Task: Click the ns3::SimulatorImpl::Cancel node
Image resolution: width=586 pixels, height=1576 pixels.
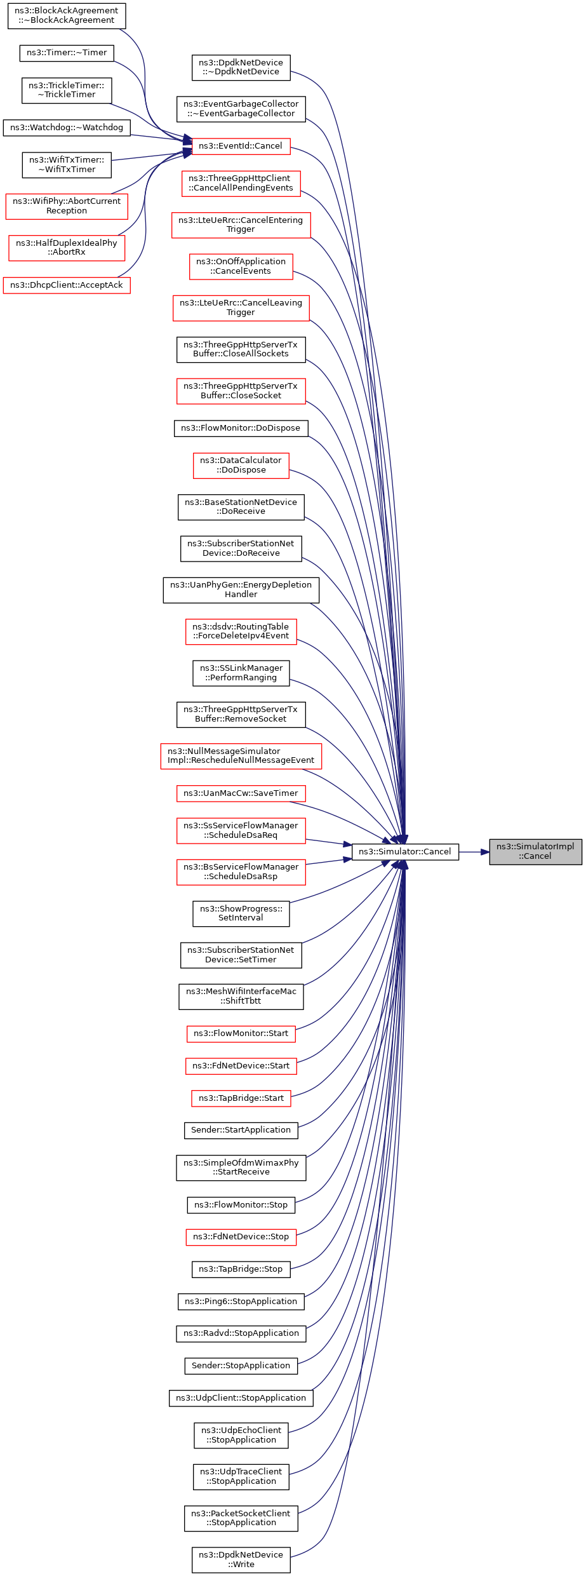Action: [535, 851]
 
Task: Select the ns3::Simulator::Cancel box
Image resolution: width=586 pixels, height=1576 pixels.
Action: [405, 851]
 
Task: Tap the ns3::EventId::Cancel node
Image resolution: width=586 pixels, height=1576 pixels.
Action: [241, 146]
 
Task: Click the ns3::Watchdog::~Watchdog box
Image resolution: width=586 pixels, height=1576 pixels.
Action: [67, 128]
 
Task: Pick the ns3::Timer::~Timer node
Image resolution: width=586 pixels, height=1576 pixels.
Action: [67, 53]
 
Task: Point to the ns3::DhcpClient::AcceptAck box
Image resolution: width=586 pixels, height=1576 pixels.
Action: [67, 285]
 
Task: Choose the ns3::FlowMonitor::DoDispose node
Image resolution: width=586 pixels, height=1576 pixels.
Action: [241, 428]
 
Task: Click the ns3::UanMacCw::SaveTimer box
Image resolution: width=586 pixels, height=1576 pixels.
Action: [241, 793]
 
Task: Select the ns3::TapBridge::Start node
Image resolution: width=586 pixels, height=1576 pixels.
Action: [241, 1098]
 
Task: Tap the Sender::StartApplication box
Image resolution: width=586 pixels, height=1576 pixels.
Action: [241, 1130]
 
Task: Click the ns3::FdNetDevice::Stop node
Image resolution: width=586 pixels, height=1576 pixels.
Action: [241, 1237]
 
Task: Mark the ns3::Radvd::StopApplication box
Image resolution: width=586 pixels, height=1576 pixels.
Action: [241, 1333]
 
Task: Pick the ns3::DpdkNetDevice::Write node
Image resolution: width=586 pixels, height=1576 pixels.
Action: [241, 1559]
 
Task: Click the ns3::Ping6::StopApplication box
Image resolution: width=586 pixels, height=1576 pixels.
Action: [241, 1301]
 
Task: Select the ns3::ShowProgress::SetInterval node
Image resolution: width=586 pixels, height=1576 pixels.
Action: [241, 913]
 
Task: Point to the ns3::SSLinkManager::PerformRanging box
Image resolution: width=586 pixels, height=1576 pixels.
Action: [241, 673]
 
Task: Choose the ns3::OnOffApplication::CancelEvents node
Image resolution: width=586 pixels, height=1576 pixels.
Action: [241, 266]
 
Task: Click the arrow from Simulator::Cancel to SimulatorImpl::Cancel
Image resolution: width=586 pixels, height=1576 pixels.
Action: [474, 851]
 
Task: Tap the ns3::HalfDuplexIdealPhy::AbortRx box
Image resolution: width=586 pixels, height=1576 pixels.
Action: [67, 248]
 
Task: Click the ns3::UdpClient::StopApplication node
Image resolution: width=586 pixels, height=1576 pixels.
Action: [241, 1398]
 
